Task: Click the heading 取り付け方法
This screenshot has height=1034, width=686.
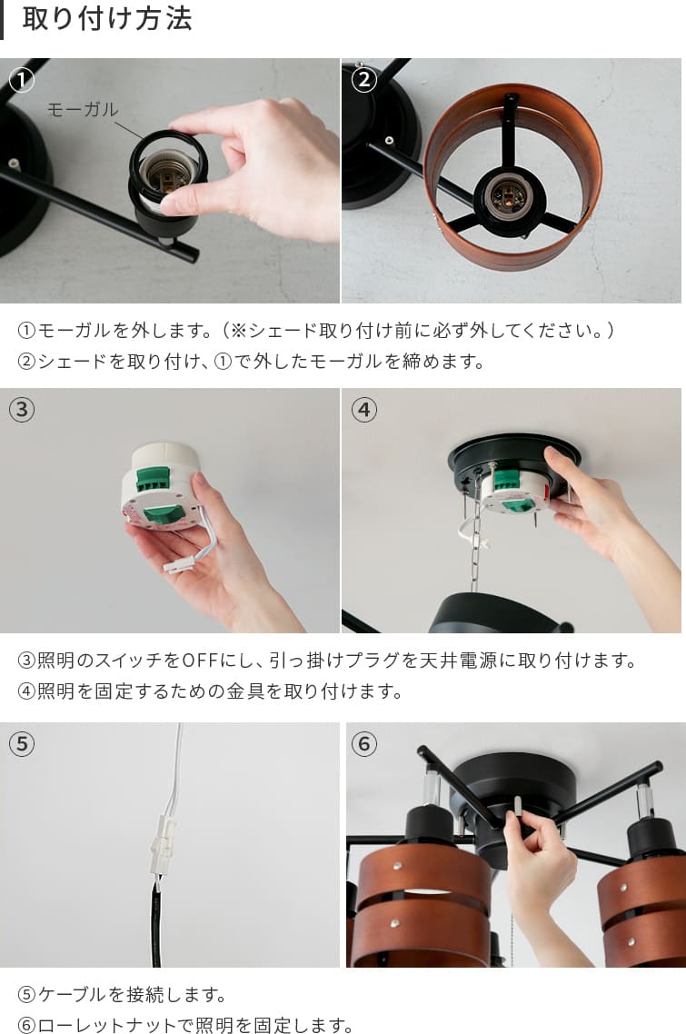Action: pyautogui.click(x=107, y=18)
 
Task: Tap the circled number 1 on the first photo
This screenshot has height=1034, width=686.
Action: pyautogui.click(x=22, y=80)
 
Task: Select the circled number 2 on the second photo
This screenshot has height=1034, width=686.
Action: pyautogui.click(x=363, y=80)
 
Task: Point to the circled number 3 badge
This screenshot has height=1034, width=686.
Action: pyautogui.click(x=22, y=410)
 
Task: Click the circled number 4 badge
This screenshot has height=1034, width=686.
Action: pyautogui.click(x=363, y=410)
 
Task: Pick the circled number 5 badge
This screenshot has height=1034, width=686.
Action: pyautogui.click(x=22, y=744)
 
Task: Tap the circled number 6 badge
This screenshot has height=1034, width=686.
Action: pyautogui.click(x=363, y=744)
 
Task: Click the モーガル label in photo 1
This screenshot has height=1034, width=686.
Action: pyautogui.click(x=83, y=109)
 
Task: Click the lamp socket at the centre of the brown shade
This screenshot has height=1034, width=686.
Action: pyautogui.click(x=509, y=197)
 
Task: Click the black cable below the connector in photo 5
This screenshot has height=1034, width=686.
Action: pyautogui.click(x=156, y=923)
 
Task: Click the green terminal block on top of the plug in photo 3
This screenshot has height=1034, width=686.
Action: pyautogui.click(x=153, y=478)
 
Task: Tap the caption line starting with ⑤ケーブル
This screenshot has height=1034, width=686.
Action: pyautogui.click(x=122, y=994)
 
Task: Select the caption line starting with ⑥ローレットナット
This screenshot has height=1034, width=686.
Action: pyautogui.click(x=185, y=1025)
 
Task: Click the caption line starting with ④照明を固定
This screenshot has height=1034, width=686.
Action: pyautogui.click(x=210, y=691)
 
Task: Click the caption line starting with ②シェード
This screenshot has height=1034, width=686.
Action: pyautogui.click(x=252, y=361)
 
